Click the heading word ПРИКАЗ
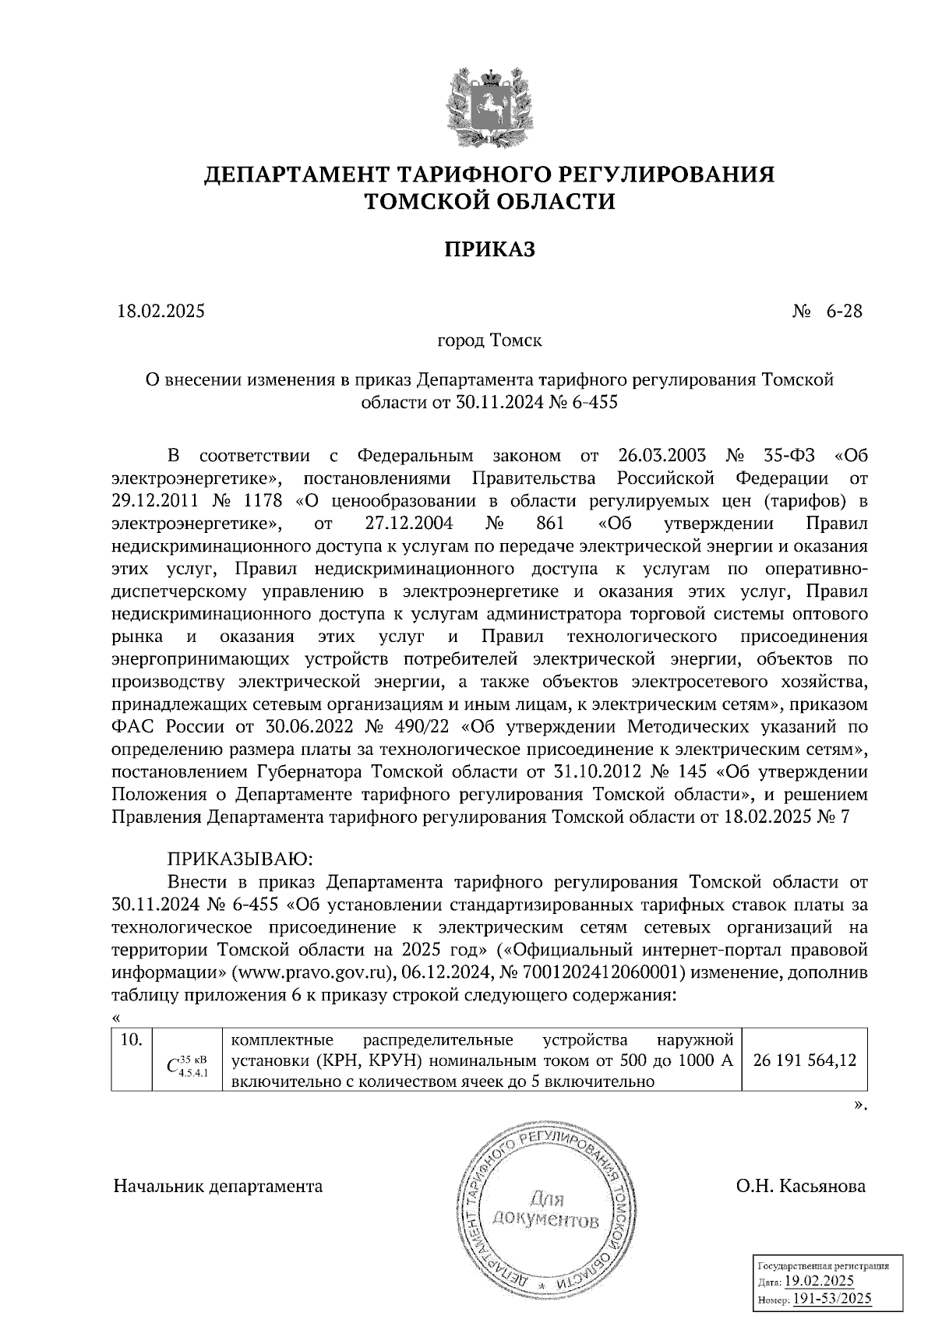(x=490, y=249)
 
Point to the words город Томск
(x=489, y=341)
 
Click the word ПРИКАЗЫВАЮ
(x=239, y=859)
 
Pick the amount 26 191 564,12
(x=806, y=1060)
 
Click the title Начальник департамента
(x=218, y=1186)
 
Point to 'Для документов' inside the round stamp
(x=546, y=1208)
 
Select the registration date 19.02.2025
(x=819, y=1282)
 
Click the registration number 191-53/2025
(x=832, y=1299)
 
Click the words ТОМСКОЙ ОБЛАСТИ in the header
(x=490, y=202)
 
